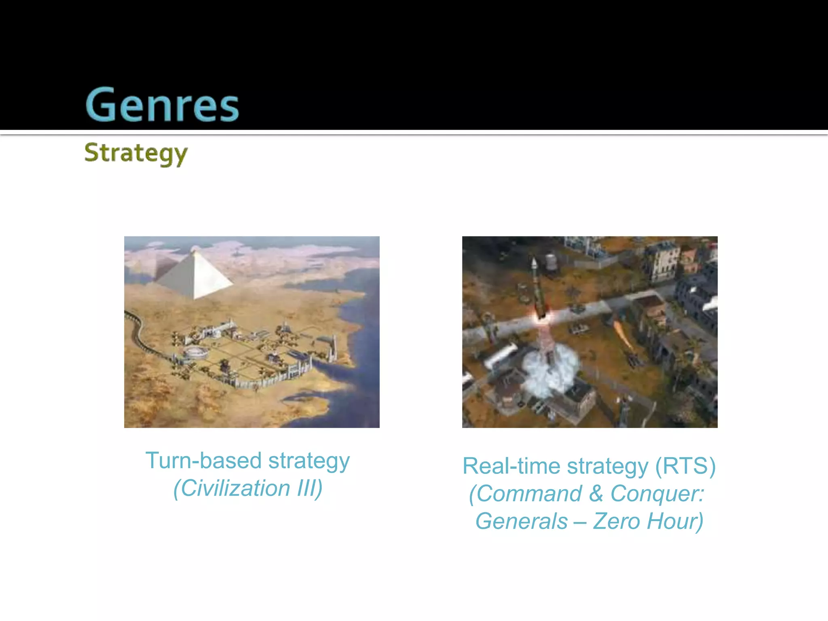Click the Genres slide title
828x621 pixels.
pyautogui.click(x=162, y=105)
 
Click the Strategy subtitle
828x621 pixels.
pyautogui.click(x=136, y=153)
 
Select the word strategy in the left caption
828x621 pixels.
pyautogui.click(x=309, y=461)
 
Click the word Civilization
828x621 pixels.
pyautogui.click(x=235, y=488)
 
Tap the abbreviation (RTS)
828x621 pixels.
pyautogui.click(x=685, y=466)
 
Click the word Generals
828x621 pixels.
pyautogui.click(x=521, y=521)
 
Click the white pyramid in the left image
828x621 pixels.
pyautogui.click(x=198, y=277)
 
